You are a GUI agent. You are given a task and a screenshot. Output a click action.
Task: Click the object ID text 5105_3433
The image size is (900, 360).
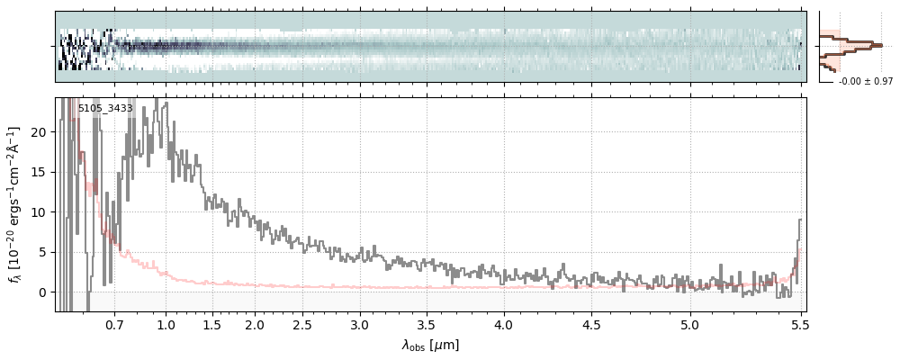pyautogui.click(x=105, y=109)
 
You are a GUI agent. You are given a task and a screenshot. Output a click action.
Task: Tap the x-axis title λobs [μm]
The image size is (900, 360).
pyautogui.click(x=430, y=345)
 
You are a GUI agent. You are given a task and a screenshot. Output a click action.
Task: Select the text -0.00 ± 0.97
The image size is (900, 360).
pyautogui.click(x=859, y=82)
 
